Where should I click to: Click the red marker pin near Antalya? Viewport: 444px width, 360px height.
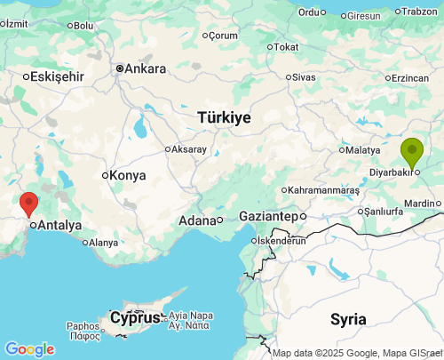(x=29, y=203)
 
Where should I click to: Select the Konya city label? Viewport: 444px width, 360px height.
(x=127, y=175)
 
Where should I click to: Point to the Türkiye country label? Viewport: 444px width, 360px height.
(x=224, y=117)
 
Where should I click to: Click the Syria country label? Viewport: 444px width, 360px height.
(x=348, y=318)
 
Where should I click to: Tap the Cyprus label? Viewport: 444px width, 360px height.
(x=135, y=317)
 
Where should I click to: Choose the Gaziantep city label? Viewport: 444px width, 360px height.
(x=267, y=216)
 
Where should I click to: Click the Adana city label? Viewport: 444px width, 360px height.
(x=197, y=220)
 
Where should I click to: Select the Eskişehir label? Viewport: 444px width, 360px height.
(x=56, y=76)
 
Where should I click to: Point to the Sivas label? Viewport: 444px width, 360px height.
(x=304, y=77)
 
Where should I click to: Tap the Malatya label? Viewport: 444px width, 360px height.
(x=362, y=149)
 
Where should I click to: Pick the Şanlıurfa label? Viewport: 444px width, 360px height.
(x=386, y=211)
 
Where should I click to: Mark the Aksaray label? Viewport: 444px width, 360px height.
(x=191, y=148)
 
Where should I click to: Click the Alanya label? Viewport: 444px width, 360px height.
(x=103, y=242)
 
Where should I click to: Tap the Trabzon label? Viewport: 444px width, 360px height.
(x=420, y=12)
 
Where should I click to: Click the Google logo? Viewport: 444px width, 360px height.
(x=29, y=349)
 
